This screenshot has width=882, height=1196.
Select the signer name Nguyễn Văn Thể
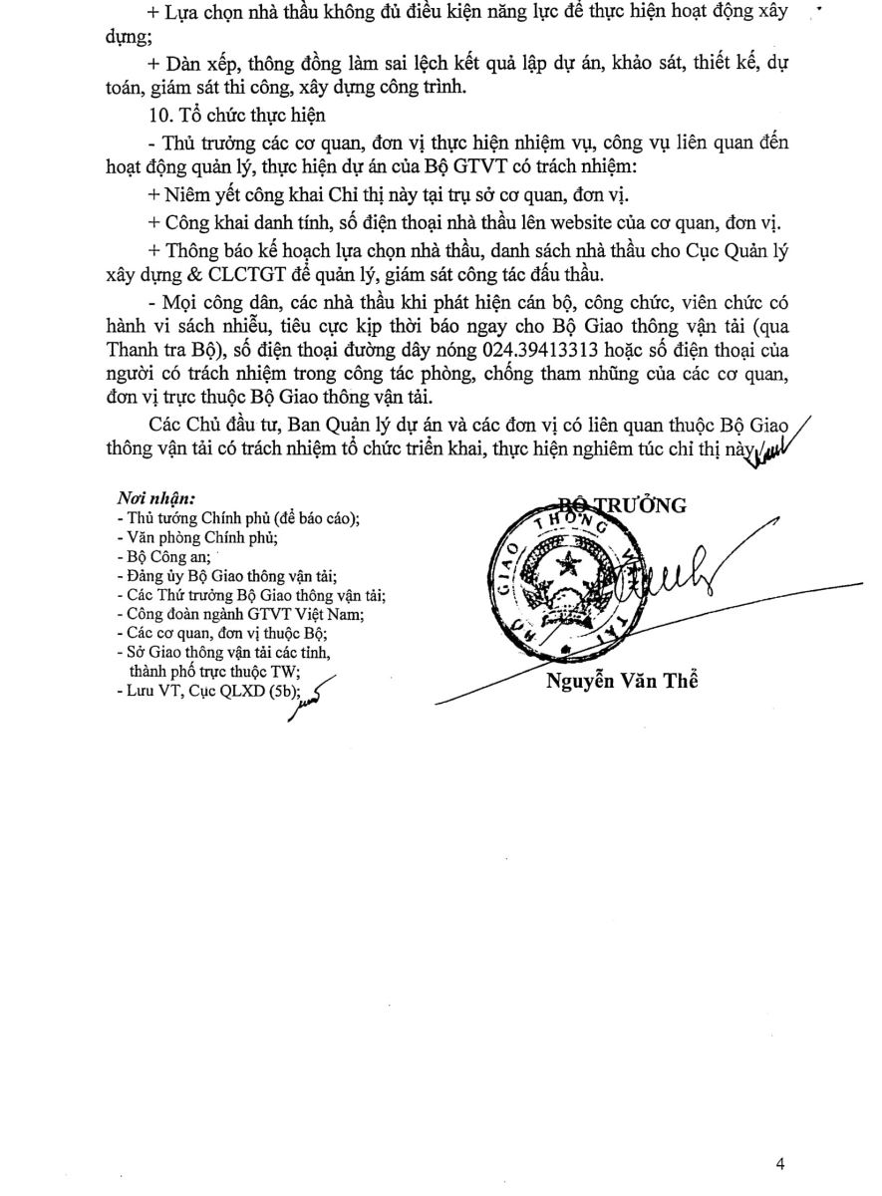pyautogui.click(x=623, y=682)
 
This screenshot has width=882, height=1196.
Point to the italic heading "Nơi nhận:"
pyautogui.click(x=156, y=497)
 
